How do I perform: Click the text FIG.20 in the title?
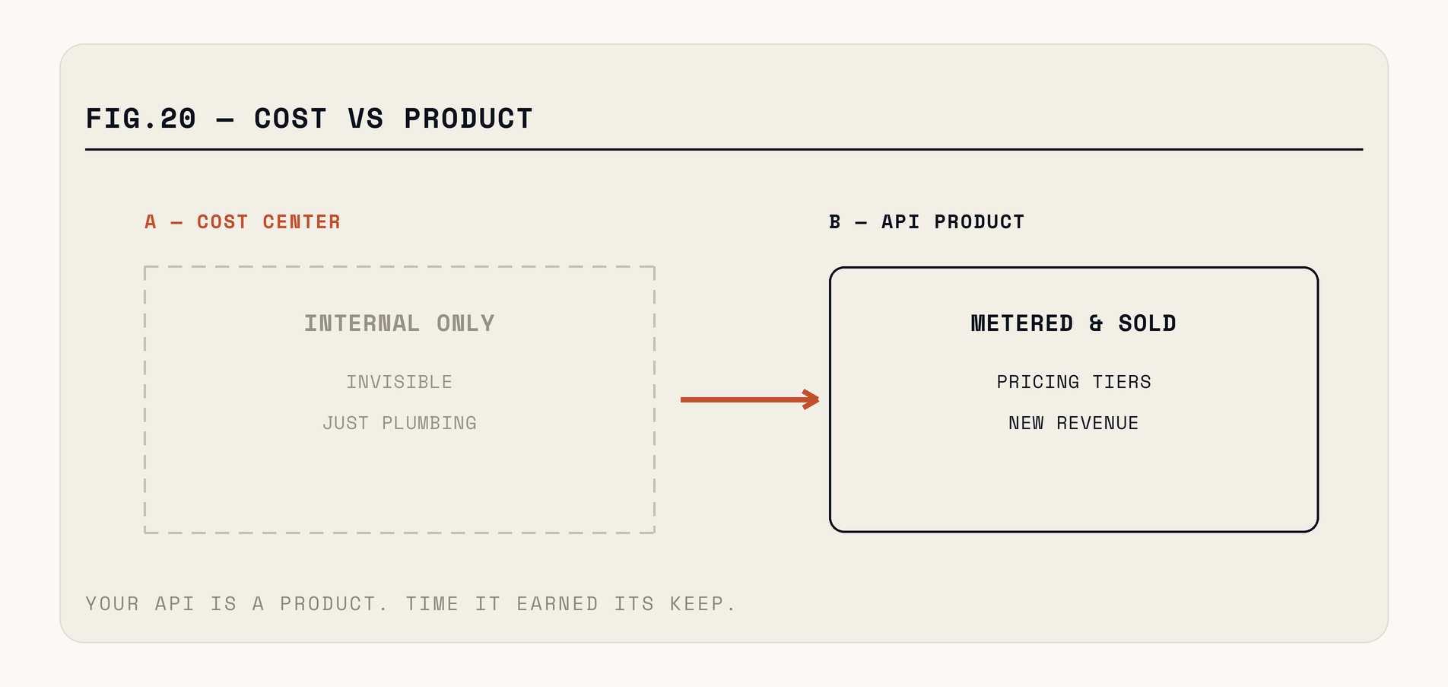pos(141,119)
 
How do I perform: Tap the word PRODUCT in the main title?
pos(468,119)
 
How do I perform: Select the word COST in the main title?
pos(291,119)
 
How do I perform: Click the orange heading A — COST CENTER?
pos(243,222)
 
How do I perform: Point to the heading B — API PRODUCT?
pos(927,222)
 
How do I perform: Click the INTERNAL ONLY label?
pos(399,323)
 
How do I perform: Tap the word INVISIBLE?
pos(399,382)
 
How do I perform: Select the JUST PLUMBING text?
pos(399,423)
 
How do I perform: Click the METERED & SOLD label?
pos(1073,323)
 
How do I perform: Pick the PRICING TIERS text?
pos(1074,382)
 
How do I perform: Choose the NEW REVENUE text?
pos(1074,423)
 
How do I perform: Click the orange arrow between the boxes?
pos(750,399)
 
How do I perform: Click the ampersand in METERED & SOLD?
pos(1096,323)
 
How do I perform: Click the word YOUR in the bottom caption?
pos(113,604)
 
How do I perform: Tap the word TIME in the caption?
pos(432,604)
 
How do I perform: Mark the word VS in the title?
pos(366,119)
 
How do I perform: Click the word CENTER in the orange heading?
pos(302,222)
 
